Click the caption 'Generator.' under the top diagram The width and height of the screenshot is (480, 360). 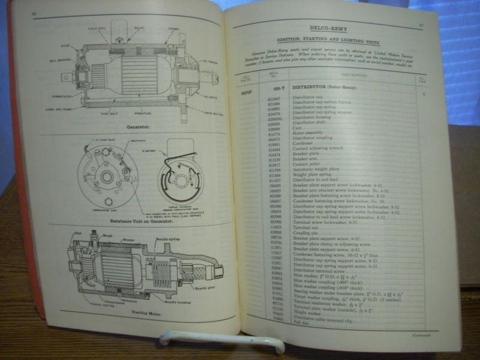[137, 127]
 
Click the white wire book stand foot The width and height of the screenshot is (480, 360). [222, 341]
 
